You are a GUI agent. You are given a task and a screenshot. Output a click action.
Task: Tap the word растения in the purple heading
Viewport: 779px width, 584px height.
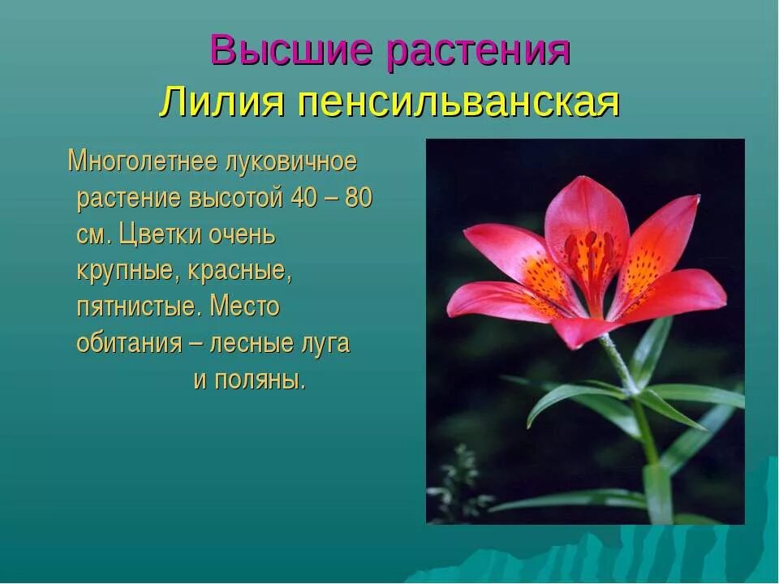tap(478, 52)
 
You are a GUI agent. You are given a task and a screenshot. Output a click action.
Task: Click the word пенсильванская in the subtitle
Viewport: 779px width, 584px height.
tap(458, 103)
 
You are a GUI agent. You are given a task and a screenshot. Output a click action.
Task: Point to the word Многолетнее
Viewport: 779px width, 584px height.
tap(142, 162)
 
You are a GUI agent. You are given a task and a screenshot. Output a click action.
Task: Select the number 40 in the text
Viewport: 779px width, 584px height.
tap(307, 199)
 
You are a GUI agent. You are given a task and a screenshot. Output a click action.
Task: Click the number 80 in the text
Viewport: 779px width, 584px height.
tap(359, 199)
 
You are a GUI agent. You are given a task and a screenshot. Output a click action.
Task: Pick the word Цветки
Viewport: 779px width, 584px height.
tap(159, 235)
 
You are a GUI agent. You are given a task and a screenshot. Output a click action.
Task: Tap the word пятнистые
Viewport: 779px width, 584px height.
tap(137, 307)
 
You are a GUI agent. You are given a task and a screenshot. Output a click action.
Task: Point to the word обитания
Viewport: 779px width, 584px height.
tap(129, 344)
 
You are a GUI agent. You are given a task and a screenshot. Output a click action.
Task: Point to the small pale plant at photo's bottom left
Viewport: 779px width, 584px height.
tap(458, 479)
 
